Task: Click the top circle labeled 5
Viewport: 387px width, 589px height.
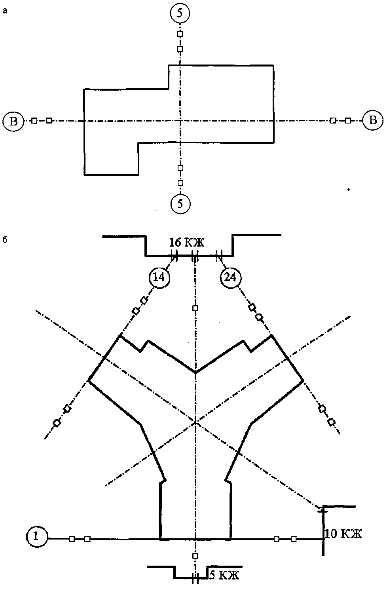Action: (x=180, y=13)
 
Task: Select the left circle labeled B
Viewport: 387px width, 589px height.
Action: (x=13, y=120)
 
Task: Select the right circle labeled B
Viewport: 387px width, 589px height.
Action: (x=373, y=120)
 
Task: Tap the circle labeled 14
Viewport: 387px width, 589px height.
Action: (x=159, y=277)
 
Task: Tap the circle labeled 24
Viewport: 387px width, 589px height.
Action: (x=230, y=277)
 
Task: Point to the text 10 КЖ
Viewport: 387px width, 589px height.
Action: (x=343, y=534)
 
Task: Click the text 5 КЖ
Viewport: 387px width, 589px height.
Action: (x=224, y=574)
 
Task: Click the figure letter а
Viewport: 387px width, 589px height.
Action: (x=4, y=11)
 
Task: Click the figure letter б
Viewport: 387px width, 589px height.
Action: (x=4, y=240)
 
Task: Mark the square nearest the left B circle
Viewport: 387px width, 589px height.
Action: (x=34, y=120)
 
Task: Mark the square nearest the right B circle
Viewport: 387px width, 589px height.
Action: (x=348, y=120)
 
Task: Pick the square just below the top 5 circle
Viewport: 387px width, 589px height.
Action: (x=180, y=34)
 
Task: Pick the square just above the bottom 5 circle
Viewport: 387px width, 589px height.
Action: (x=180, y=183)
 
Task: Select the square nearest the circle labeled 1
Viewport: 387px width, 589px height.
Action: (x=72, y=538)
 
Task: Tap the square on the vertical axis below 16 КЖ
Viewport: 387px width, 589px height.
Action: (x=194, y=308)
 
